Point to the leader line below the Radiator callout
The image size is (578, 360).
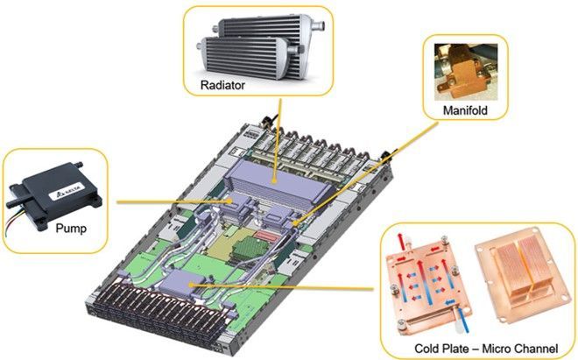(x=278, y=131)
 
